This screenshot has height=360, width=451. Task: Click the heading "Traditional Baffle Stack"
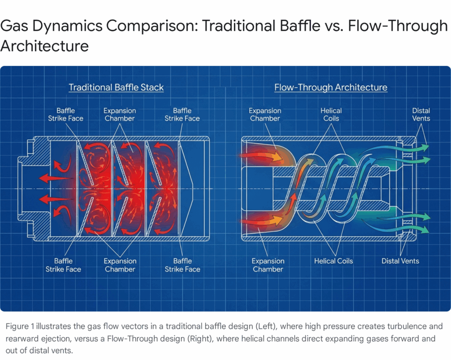(x=116, y=87)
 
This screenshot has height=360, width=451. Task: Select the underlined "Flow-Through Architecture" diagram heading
(x=331, y=87)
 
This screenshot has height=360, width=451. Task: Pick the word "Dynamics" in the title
(x=64, y=27)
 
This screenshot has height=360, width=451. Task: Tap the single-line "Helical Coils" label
(x=333, y=261)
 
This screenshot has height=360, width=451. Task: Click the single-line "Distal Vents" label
(x=400, y=261)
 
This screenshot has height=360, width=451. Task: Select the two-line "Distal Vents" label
(x=421, y=114)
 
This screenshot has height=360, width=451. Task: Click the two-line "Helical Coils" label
(x=331, y=114)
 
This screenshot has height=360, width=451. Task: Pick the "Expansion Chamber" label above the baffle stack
(x=119, y=114)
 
